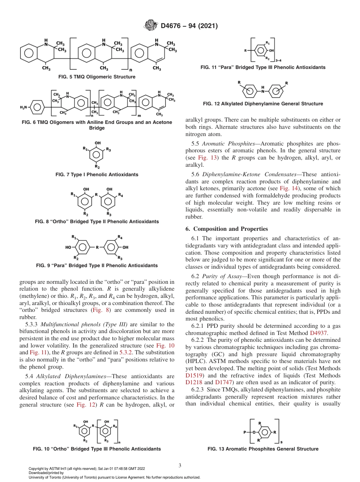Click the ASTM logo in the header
[x=151, y=26]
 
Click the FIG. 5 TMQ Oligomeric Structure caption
[x=97, y=77]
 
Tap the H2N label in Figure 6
[x=24, y=108]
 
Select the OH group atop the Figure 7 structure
[x=97, y=143]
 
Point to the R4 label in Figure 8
[x=121, y=195]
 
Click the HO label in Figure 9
[x=68, y=247]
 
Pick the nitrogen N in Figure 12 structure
[x=263, y=91]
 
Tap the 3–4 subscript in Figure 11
[x=279, y=60]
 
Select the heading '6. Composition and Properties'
[x=226, y=229]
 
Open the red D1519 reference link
[x=193, y=376]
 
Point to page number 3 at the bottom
[x=180, y=465]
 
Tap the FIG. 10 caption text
[x=97, y=449]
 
